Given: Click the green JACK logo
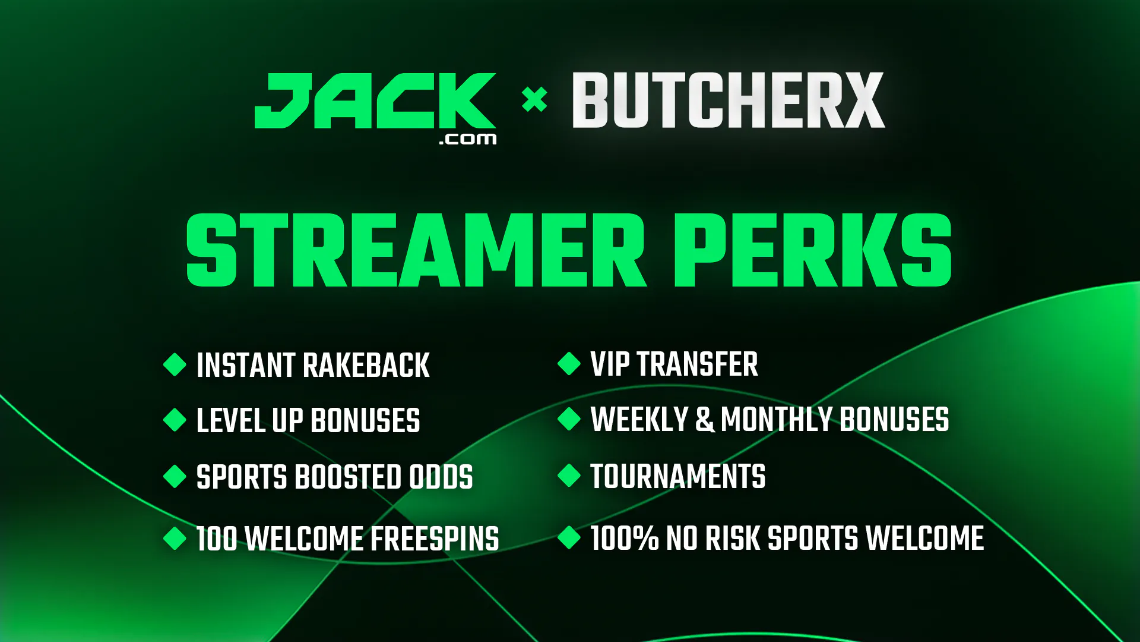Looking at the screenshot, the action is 375,101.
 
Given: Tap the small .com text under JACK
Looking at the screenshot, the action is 468,139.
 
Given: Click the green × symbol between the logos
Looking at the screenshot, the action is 534,99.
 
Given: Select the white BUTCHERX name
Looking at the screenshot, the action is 729,100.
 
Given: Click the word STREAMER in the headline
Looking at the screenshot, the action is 416,250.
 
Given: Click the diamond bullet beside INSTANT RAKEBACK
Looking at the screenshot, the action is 175,364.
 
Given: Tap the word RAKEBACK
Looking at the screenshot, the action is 367,365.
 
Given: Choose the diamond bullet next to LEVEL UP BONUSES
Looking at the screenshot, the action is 175,420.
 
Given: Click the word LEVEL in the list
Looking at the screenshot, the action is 230,420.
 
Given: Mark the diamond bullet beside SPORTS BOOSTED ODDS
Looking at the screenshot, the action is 175,476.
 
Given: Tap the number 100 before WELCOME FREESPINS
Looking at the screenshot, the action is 217,539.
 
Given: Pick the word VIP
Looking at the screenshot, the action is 610,364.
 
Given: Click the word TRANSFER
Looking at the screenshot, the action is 698,364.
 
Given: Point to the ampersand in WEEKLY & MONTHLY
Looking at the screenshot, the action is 705,419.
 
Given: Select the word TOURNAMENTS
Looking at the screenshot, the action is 678,476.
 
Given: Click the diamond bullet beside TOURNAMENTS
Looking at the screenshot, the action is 569,476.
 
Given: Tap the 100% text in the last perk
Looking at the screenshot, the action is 624,538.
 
